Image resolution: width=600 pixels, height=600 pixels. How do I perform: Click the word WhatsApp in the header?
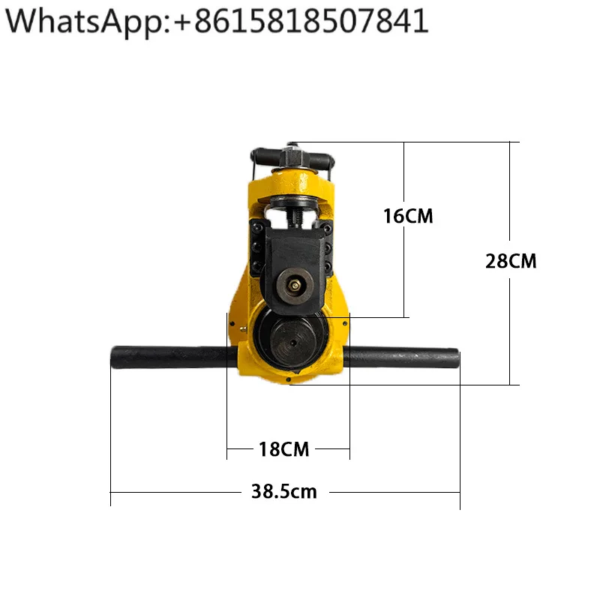[x=85, y=22]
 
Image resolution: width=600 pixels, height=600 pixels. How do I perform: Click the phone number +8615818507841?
[x=301, y=21]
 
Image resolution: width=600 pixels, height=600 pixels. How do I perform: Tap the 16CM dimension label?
[x=408, y=216]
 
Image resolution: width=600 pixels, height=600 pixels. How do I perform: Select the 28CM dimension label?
[x=511, y=261]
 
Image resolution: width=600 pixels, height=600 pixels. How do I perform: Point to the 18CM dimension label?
[x=283, y=449]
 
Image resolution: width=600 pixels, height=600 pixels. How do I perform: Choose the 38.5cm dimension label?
[x=284, y=492]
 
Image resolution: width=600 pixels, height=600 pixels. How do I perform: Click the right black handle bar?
[x=401, y=358]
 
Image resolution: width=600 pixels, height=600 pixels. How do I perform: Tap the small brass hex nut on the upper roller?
[x=294, y=286]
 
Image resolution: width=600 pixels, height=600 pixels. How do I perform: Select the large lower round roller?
[x=292, y=342]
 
